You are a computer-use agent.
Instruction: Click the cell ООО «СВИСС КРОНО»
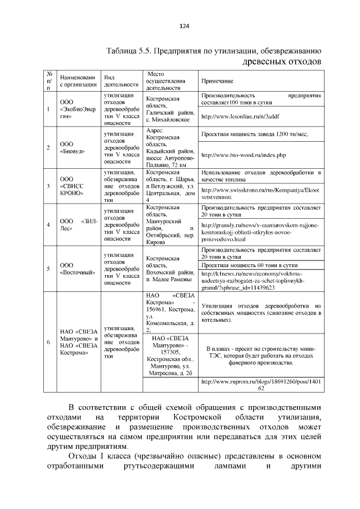(x=71, y=186)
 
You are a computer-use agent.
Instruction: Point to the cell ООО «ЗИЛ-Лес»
(x=79, y=224)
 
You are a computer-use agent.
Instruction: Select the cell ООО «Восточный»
(x=74, y=268)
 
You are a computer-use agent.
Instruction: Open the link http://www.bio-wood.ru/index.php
(x=243, y=155)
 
